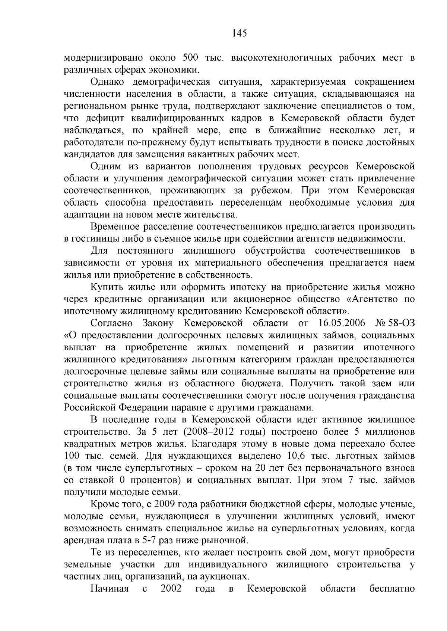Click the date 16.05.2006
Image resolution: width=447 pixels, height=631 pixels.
(x=342, y=323)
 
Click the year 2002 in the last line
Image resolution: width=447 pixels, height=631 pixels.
(x=171, y=588)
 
